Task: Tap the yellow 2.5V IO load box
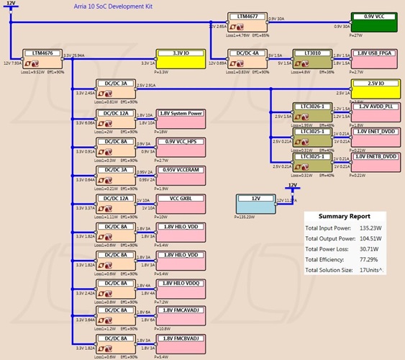[x=375, y=88]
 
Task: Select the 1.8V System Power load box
[x=181, y=118]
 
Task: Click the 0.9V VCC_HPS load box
[x=181, y=145]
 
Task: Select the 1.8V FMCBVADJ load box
[x=181, y=341]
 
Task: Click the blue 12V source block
[x=255, y=203]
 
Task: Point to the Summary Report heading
[x=345, y=216]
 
